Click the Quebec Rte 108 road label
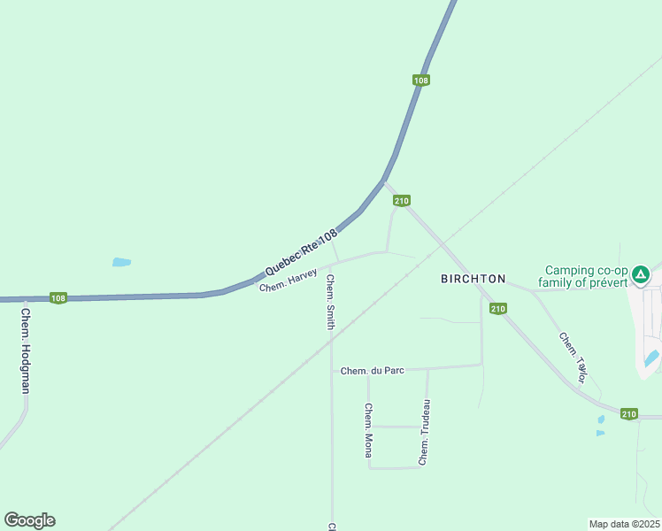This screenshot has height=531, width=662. (301, 251)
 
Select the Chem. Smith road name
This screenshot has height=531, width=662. (330, 302)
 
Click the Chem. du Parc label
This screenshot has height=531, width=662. (372, 371)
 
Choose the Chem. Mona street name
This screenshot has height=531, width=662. (368, 430)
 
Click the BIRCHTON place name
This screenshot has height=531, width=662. (473, 279)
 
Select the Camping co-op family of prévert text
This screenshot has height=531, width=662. (586, 276)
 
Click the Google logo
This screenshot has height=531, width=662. (29, 520)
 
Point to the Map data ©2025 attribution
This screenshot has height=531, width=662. (623, 524)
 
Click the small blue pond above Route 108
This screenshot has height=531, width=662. (121, 262)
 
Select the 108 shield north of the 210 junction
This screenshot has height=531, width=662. (421, 81)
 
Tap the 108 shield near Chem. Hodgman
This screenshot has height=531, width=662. (58, 298)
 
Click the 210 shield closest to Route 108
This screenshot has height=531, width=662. (402, 201)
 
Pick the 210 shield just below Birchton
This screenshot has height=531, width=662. (498, 309)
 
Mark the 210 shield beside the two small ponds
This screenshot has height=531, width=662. (628, 414)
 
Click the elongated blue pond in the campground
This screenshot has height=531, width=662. (651, 358)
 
